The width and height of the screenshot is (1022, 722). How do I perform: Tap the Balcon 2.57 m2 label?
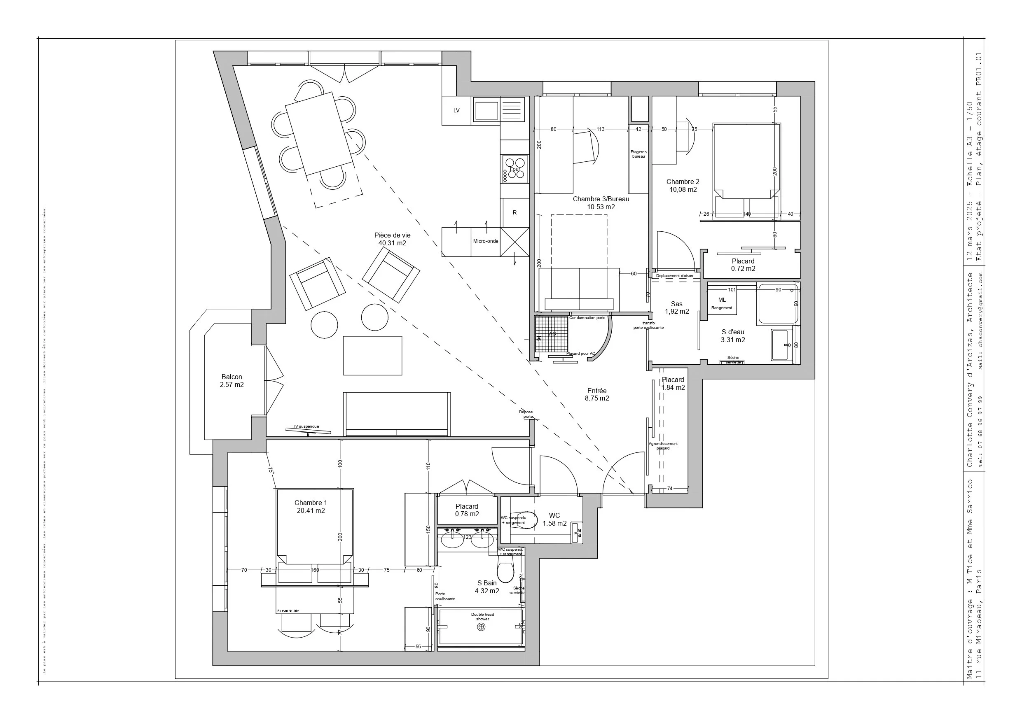(232, 381)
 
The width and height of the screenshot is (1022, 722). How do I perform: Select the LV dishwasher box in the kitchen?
(456, 110)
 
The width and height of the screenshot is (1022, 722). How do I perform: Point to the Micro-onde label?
(486, 241)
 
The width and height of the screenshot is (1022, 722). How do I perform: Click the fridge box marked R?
(515, 213)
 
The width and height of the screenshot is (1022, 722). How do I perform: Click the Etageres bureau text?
(638, 154)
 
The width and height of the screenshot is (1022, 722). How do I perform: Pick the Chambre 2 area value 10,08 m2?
(683, 189)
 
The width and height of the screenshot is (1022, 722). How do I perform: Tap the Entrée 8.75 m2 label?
(597, 395)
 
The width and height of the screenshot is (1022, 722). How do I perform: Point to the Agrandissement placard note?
(663, 446)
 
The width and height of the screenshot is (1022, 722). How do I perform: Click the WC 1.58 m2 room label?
(554, 519)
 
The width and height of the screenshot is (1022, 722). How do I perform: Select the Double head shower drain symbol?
(481, 627)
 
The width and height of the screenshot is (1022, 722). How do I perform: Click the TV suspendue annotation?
(306, 426)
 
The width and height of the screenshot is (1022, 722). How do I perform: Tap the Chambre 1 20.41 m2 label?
(311, 507)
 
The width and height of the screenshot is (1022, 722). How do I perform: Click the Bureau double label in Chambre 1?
(288, 611)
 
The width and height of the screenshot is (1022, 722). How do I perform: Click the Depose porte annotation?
(526, 414)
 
